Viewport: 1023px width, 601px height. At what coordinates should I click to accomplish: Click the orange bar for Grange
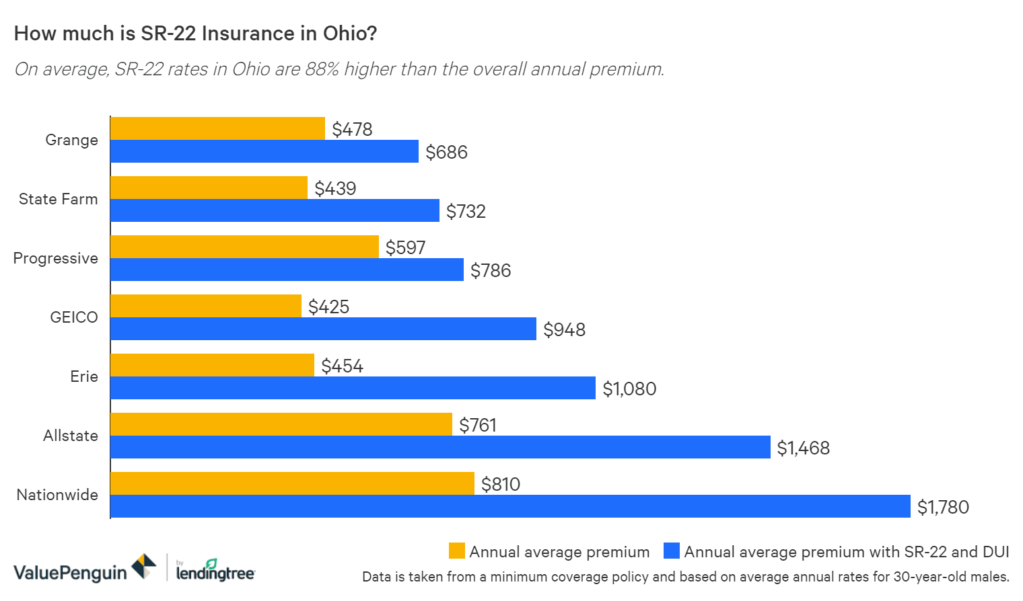pos(217,128)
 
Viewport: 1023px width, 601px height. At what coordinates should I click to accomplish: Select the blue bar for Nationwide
pos(510,506)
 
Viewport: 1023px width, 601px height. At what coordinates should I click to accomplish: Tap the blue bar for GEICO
pos(323,329)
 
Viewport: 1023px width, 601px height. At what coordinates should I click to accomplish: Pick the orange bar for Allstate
pos(281,424)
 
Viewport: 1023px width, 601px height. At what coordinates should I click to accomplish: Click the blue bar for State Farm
pos(275,210)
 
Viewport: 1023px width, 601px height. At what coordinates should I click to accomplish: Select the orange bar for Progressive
pos(244,247)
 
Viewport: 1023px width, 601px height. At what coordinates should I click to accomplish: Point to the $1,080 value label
pos(629,389)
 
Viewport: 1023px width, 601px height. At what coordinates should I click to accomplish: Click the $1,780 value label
pos(943,507)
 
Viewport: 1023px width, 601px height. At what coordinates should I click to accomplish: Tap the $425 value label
pos(328,307)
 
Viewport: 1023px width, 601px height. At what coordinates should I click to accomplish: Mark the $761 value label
pos(478,425)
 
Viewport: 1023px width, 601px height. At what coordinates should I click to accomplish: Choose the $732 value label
pos(466,211)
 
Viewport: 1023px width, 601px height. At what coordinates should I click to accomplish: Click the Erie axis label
pos(84,376)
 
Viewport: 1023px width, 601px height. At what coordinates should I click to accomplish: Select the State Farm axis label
pos(58,199)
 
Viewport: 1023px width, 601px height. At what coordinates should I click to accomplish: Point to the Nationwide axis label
pos(57,495)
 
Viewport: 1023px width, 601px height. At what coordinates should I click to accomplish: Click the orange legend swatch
pos(456,551)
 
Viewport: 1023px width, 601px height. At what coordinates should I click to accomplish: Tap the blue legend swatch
pos(671,551)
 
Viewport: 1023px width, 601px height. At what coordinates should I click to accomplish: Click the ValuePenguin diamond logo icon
pos(143,567)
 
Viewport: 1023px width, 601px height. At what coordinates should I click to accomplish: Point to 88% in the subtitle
pos(322,69)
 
